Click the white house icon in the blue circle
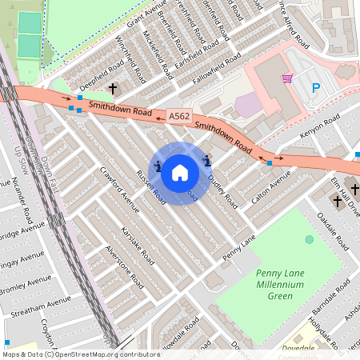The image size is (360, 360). point(180,172)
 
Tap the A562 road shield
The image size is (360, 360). point(179,118)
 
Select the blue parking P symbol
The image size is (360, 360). point(315,87)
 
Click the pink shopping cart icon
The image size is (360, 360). point(287,78)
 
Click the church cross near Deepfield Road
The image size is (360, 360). point(113,88)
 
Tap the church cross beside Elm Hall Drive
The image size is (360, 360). point(336,202)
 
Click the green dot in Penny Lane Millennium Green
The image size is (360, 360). point(310,240)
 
